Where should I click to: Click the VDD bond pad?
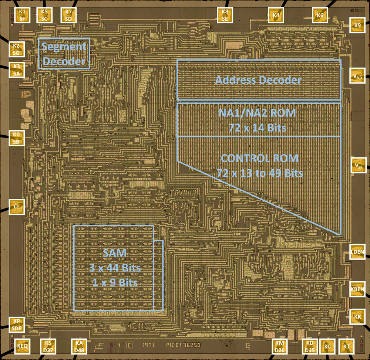tap(357, 77)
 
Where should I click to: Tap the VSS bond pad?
tap(358, 165)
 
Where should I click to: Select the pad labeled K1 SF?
tap(22, 14)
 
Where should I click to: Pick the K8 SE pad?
tap(225, 14)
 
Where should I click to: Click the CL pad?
tap(17, 206)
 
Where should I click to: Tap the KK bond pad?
tap(357, 317)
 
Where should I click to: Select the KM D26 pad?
tap(279, 346)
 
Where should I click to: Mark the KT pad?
tap(346, 346)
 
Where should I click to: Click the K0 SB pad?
tap(17, 137)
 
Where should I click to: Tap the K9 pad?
tap(357, 26)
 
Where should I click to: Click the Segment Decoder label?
tap(64, 54)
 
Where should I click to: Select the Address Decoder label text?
tap(258, 80)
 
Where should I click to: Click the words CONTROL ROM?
tap(259, 159)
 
